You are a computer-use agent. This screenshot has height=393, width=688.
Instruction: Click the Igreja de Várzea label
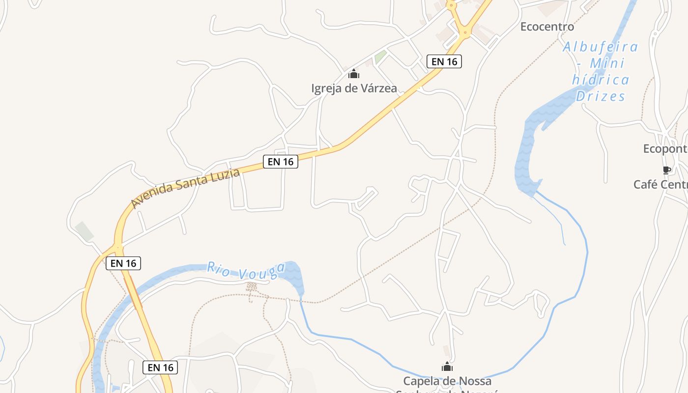point(354,88)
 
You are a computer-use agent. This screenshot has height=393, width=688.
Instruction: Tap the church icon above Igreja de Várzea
point(354,75)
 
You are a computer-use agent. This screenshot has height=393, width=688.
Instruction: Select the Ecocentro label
point(547,27)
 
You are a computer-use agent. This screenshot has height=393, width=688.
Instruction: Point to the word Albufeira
point(600,47)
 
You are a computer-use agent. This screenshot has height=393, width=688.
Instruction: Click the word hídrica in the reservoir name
point(601,80)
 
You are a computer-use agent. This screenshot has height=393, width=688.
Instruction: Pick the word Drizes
point(601,96)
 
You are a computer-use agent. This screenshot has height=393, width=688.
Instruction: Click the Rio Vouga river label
point(246,271)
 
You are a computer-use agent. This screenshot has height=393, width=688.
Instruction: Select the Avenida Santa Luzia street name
point(185,188)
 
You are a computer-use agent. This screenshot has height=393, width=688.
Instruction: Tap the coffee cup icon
point(666,170)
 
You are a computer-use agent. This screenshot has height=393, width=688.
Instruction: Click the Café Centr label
point(660,184)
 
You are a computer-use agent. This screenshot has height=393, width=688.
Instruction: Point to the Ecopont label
point(665,148)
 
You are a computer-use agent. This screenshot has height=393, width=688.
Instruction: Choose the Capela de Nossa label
point(447,381)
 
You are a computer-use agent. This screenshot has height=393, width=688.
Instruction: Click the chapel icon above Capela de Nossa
point(447,366)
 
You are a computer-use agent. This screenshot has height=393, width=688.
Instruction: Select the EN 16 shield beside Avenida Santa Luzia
point(281,161)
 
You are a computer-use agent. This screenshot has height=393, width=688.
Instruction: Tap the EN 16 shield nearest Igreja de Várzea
point(444,61)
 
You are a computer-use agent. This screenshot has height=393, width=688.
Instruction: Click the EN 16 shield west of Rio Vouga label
point(123,263)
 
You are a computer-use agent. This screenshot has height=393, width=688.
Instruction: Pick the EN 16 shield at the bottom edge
point(160,367)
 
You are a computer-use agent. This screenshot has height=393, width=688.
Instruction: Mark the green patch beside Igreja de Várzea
point(380,57)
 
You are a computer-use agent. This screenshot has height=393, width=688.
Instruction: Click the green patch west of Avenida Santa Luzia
point(85,231)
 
